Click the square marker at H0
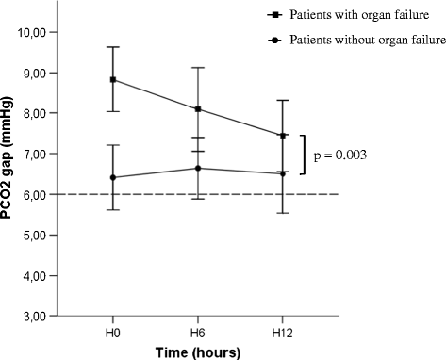113,79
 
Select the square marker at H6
197,109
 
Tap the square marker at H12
282,135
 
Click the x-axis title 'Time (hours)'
197,352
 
